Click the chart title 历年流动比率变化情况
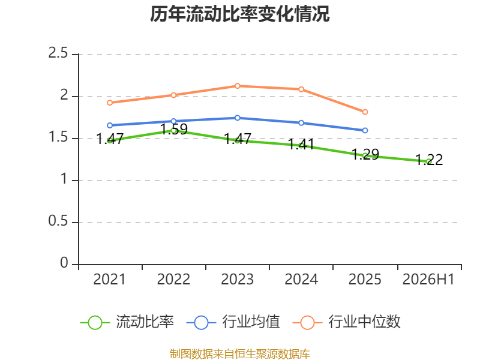click(x=239, y=14)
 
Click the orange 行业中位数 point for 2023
click(x=237, y=86)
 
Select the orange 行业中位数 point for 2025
click(x=365, y=112)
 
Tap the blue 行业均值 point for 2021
click(x=110, y=125)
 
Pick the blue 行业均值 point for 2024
click(x=301, y=123)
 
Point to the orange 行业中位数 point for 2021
click(x=110, y=103)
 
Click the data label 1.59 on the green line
click(x=174, y=129)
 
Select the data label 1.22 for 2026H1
click(x=429, y=160)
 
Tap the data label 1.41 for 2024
click(x=301, y=144)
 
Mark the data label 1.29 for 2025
click(x=365, y=154)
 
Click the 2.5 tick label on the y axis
click(x=58, y=53)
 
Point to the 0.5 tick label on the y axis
click(x=58, y=221)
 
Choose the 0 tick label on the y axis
click(x=64, y=263)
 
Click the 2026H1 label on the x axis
click(x=428, y=280)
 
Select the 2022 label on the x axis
click(x=173, y=280)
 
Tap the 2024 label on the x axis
click(x=301, y=280)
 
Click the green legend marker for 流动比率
click(x=95, y=323)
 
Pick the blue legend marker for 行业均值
click(x=201, y=323)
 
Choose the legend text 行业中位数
click(x=364, y=322)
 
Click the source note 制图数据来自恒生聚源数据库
click(x=239, y=354)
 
